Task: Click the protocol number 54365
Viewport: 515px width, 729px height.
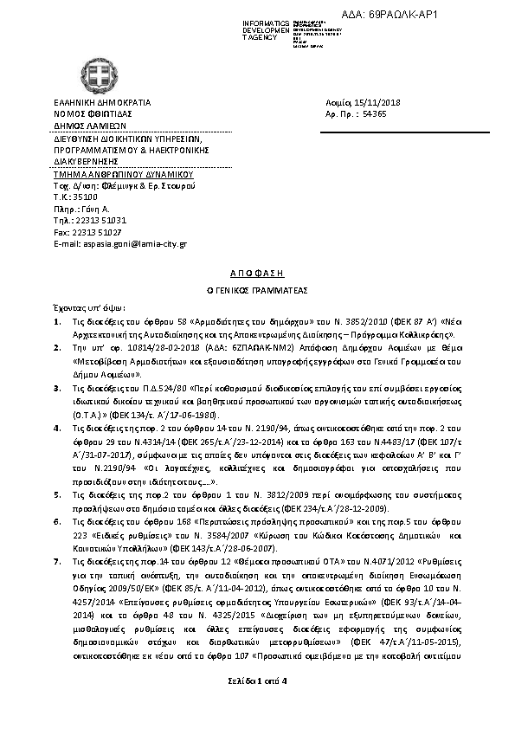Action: click(x=374, y=114)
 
